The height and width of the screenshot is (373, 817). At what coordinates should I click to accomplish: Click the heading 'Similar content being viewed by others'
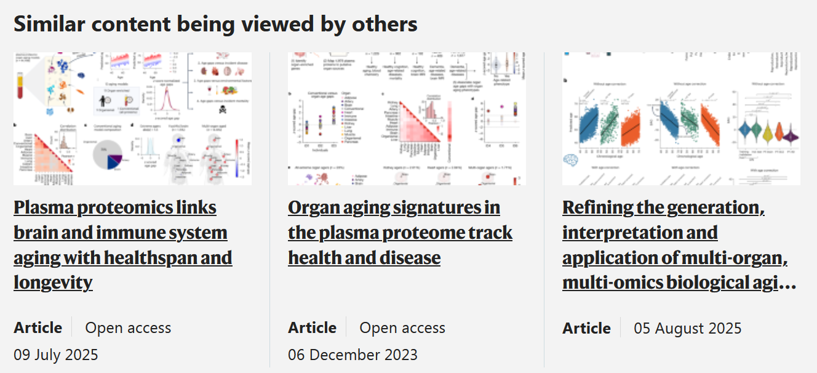tap(215, 23)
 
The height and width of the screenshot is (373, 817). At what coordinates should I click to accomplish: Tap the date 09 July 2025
tap(56, 355)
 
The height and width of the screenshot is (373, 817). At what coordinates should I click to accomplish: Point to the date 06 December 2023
tap(353, 355)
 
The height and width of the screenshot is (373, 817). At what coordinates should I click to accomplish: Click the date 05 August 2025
tap(688, 328)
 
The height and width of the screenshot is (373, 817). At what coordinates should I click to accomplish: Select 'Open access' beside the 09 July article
tap(128, 328)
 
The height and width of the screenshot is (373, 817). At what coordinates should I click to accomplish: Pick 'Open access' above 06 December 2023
tap(402, 328)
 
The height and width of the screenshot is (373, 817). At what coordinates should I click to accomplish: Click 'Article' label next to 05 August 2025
tap(586, 328)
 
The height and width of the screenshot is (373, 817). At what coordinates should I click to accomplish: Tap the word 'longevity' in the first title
tap(53, 283)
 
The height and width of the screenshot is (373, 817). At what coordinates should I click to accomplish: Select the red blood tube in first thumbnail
tap(20, 86)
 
